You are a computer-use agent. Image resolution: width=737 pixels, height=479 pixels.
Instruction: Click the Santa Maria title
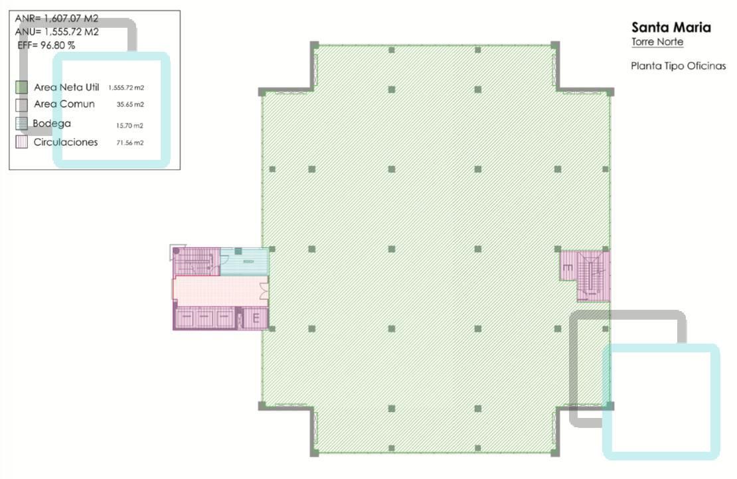point(671,27)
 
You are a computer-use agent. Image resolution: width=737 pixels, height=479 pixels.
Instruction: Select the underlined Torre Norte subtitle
point(657,42)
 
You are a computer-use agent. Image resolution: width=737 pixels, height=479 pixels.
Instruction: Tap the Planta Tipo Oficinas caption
point(679,66)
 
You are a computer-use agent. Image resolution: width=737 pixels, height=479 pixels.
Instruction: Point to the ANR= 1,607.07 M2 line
point(56,19)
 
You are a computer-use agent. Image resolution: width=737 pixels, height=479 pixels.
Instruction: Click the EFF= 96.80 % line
point(46,46)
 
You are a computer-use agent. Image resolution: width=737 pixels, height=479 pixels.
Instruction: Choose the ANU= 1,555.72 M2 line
point(56,32)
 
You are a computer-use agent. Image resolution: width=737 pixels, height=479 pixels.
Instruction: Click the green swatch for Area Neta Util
point(22,88)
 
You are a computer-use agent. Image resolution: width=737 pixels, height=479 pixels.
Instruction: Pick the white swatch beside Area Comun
point(22,105)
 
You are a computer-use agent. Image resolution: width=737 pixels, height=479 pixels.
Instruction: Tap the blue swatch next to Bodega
point(22,123)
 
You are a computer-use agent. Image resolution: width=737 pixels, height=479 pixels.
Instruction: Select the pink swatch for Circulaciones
point(22,142)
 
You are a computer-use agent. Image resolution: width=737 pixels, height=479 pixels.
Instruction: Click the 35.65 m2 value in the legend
point(130,104)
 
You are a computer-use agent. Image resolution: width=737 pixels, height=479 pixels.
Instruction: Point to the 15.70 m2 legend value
point(129,125)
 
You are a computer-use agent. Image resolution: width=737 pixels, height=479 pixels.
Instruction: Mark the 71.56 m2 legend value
point(130,142)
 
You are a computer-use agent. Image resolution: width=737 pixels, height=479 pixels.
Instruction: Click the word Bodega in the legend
point(52,123)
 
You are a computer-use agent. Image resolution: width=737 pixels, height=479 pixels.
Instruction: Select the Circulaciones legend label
point(66,142)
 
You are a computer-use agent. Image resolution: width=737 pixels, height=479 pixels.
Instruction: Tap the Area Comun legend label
point(64,104)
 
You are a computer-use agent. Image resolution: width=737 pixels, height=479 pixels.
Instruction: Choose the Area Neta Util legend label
point(66,88)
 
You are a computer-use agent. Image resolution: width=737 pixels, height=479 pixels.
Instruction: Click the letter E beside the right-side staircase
point(568,267)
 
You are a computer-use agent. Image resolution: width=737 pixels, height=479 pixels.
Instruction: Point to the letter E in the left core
point(256,318)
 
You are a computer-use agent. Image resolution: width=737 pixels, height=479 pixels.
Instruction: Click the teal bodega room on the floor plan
point(244,261)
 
